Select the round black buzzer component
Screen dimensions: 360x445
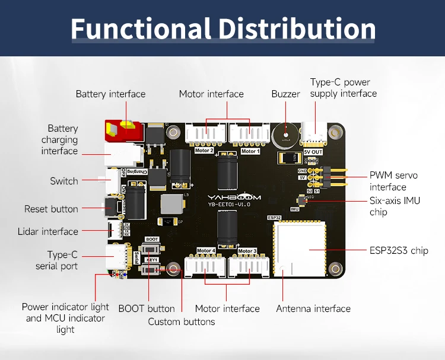click(285, 135)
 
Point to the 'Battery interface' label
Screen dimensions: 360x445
click(110, 94)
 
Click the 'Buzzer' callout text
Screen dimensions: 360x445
click(285, 94)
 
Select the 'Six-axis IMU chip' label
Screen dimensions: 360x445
click(395, 206)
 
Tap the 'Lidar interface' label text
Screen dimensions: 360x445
click(47, 231)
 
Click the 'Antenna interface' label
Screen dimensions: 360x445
click(313, 308)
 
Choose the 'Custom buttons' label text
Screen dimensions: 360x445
click(181, 321)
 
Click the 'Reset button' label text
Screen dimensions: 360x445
click(51, 209)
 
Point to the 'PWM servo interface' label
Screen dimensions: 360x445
click(393, 181)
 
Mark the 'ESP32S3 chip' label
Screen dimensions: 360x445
click(398, 250)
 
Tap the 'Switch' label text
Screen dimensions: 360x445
click(64, 181)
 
